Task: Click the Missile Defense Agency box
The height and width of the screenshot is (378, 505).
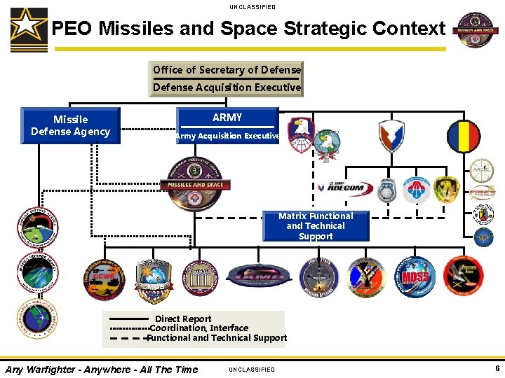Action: click(x=70, y=125)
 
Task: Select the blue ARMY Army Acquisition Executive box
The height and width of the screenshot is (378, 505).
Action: click(x=227, y=126)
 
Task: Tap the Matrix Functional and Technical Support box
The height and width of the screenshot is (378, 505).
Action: click(x=316, y=226)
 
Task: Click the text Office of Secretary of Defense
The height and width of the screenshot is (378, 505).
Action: click(x=227, y=69)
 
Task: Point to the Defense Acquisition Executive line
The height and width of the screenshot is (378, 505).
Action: click(x=227, y=87)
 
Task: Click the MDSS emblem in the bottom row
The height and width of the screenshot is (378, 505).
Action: click(x=416, y=277)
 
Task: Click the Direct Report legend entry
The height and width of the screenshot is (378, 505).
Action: click(x=183, y=318)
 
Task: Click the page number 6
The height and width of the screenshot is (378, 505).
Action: click(x=497, y=369)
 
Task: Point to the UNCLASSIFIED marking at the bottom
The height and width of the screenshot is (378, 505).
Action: click(x=252, y=370)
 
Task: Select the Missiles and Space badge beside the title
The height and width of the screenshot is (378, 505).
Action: click(x=475, y=29)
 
